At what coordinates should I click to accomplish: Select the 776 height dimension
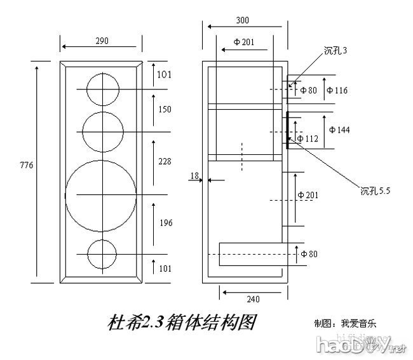(27, 165)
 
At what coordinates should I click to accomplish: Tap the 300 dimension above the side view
(242, 20)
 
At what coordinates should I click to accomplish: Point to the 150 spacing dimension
(165, 109)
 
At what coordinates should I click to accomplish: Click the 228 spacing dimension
(165, 162)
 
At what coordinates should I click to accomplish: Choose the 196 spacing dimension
(165, 223)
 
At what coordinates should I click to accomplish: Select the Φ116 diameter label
(337, 90)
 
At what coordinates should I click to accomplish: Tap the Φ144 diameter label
(339, 130)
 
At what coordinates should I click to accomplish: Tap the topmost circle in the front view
(101, 89)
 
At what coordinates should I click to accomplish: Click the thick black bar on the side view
(287, 130)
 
